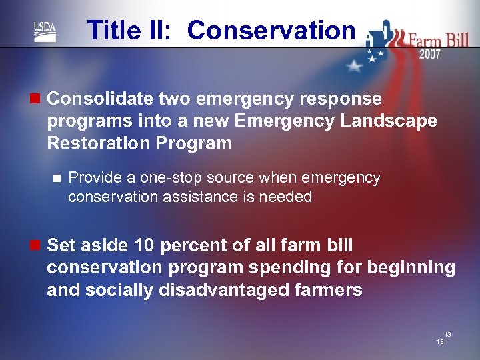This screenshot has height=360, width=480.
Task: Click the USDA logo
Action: coord(45,31)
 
